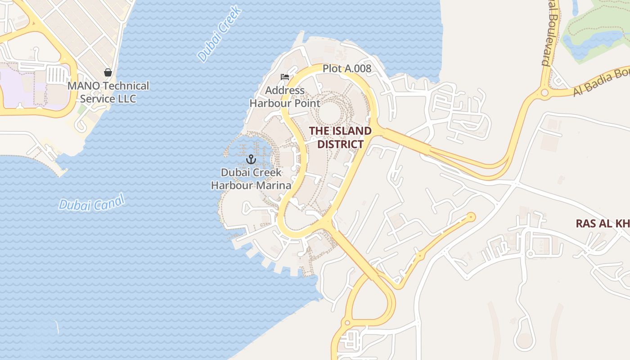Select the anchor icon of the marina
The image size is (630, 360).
pyautogui.click(x=251, y=159)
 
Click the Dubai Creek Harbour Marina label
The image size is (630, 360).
pyautogui.click(x=251, y=179)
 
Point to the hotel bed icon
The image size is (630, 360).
pyautogui.click(x=285, y=77)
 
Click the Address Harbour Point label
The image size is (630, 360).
pyautogui.click(x=285, y=97)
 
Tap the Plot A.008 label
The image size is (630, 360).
pyautogui.click(x=347, y=68)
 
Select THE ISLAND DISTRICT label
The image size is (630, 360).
pyautogui.click(x=340, y=137)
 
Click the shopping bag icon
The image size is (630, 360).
pyautogui.click(x=108, y=72)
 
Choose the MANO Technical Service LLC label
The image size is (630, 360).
pyautogui.click(x=108, y=92)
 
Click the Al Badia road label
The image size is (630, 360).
pyautogui.click(x=601, y=83)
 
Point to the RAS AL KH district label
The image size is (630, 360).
pyautogui.click(x=603, y=224)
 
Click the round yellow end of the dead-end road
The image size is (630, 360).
pyautogui.click(x=471, y=217)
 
